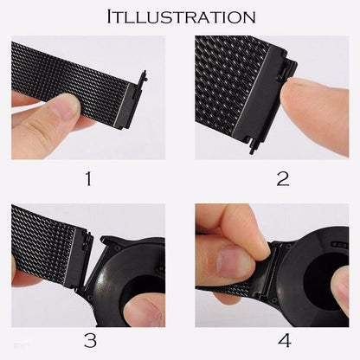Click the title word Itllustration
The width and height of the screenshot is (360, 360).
tap(180, 16)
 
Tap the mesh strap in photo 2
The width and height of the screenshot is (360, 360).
tap(229, 74)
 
